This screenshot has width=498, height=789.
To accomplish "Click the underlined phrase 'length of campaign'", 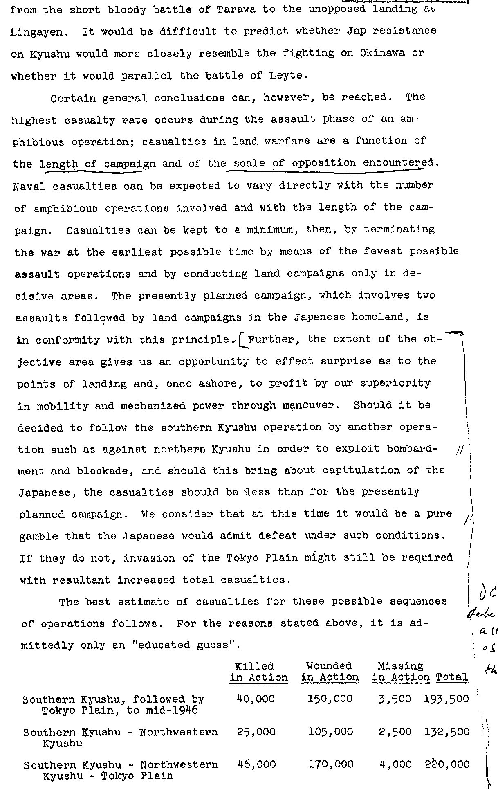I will pos(97,164).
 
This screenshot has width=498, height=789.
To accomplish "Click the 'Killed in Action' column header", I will pos(258,672).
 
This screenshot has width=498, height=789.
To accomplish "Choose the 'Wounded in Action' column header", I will pos(330,672).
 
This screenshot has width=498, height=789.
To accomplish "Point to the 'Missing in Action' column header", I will pos(401,672).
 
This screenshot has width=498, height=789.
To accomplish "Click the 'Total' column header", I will pos(452,677).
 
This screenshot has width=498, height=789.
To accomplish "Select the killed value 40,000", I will pos(256,699).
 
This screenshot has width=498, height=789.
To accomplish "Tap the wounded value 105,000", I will pos(330,732).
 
